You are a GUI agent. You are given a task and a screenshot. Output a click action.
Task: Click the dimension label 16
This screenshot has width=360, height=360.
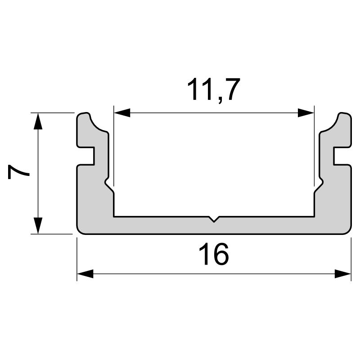[214, 255]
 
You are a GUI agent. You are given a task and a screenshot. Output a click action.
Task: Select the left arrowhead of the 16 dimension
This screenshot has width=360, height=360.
[85, 274]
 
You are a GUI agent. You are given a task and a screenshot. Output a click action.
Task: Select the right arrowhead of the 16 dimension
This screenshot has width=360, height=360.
[342, 274]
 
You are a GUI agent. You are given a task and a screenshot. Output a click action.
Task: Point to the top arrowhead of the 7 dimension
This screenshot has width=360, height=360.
[39, 121]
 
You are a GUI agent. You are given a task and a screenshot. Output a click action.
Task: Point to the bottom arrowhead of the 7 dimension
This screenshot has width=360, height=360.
[39, 226]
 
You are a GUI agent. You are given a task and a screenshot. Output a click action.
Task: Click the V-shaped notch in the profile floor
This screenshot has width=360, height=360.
[214, 220]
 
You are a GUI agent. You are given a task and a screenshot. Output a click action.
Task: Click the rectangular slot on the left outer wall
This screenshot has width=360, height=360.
[87, 156]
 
